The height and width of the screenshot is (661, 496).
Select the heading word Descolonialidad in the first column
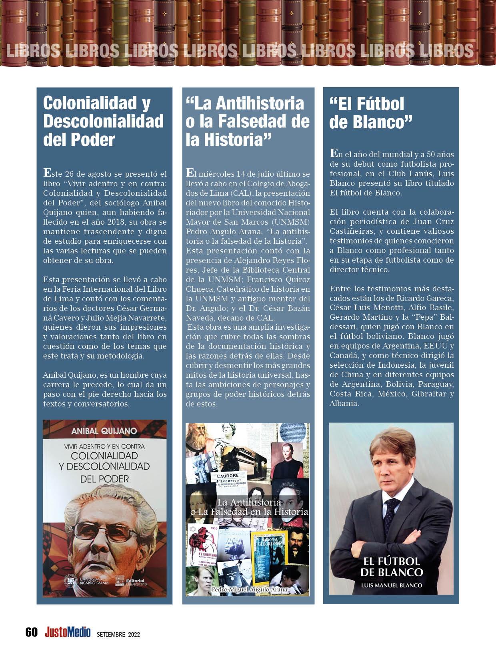point(103,121)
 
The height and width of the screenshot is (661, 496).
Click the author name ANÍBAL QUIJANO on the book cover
point(104,431)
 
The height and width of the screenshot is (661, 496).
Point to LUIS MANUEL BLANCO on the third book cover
point(391,585)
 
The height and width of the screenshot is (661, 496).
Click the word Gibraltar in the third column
point(431,394)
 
